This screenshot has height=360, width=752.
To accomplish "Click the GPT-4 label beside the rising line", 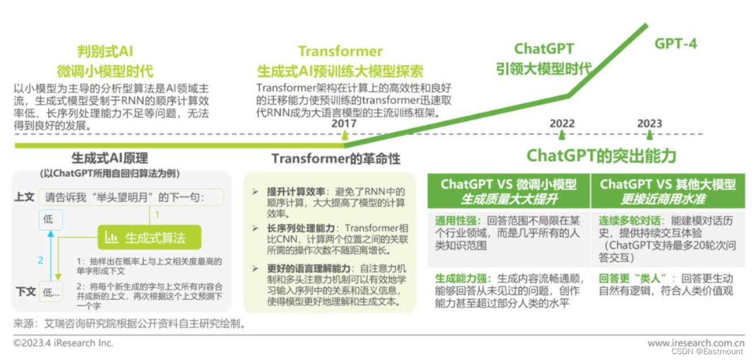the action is (675, 44).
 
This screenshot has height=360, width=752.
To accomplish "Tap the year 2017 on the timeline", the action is (344, 123).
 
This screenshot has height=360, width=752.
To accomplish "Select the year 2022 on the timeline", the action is (562, 123).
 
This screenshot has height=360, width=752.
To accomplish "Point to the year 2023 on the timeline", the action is (650, 123).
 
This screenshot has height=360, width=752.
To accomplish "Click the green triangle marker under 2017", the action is (345, 135).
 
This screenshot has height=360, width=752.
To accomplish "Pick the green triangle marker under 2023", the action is (650, 135).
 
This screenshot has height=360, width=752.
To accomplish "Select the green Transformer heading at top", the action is (340, 51).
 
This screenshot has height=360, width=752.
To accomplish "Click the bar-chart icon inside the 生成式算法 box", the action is (112, 237).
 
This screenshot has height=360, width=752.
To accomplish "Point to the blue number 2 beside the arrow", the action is (40, 261).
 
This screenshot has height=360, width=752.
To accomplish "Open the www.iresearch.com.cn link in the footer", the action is (696, 343).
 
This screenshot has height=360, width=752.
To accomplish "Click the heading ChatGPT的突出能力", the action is (601, 156).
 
